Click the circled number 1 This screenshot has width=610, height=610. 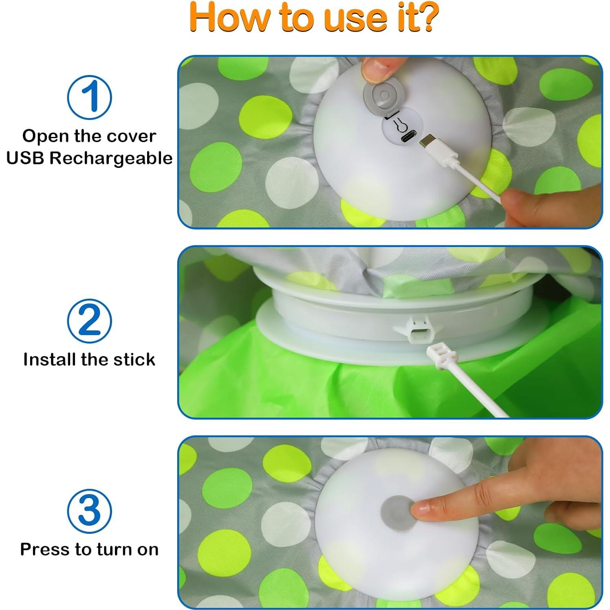click(x=89, y=97)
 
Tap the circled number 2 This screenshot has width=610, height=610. click(x=89, y=321)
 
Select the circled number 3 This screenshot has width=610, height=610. click(x=89, y=511)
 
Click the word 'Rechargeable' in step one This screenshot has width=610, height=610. click(x=111, y=158)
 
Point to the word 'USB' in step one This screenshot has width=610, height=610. click(x=25, y=158)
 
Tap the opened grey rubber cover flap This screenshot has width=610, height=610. click(x=381, y=96)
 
